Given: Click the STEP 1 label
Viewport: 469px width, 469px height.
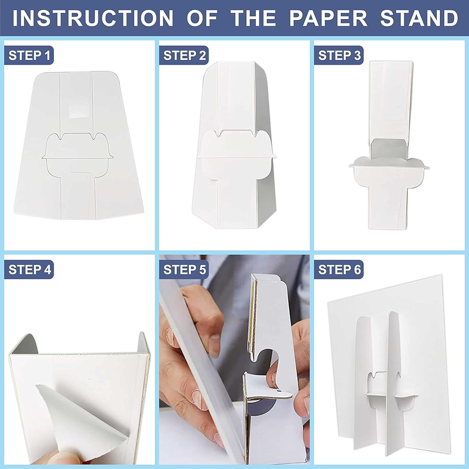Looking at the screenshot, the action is click(29, 55).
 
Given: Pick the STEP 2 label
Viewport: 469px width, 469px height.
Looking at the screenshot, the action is click(184, 55).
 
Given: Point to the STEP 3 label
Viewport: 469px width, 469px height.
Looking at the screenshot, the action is click(339, 55).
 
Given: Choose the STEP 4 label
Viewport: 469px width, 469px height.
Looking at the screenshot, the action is click(29, 270).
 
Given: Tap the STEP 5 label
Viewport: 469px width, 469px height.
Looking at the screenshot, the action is click(184, 270).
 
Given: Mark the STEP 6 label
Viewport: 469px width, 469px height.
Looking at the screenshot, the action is click(339, 270).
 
